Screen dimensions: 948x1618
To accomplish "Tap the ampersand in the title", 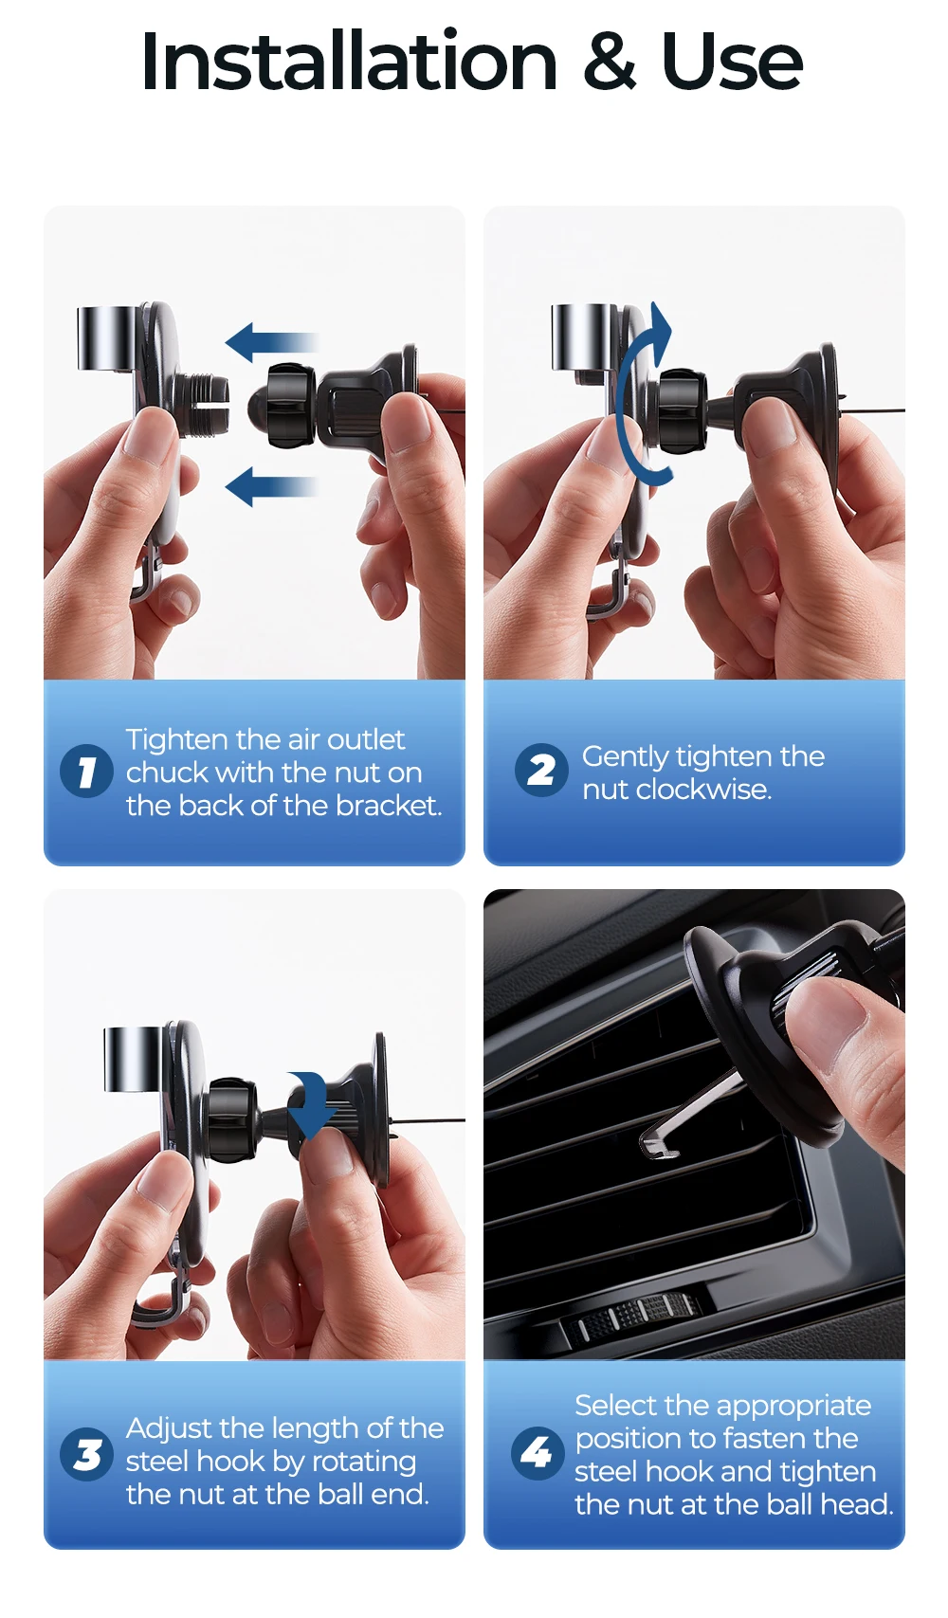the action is (x=610, y=63).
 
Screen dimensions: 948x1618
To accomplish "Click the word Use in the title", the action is (x=731, y=63).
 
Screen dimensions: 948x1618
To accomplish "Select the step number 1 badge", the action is (x=86, y=771).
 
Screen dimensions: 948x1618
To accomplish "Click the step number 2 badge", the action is (x=541, y=770).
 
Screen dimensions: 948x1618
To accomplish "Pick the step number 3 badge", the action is (x=86, y=1455).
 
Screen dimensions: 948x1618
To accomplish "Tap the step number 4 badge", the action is (x=537, y=1453).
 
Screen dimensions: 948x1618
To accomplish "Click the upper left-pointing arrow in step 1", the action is (x=272, y=341).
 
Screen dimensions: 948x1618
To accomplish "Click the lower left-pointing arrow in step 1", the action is (x=272, y=486).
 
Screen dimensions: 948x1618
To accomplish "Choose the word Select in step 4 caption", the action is (x=615, y=1406).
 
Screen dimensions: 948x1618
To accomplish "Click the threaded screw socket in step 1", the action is (x=205, y=406).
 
